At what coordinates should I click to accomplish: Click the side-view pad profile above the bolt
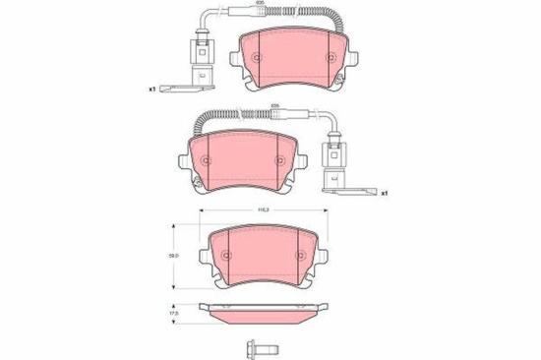coord(264,314)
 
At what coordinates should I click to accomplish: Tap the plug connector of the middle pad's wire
coord(331,156)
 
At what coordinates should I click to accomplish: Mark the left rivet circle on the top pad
coord(258,56)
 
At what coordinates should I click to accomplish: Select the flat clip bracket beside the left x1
coord(186,90)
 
